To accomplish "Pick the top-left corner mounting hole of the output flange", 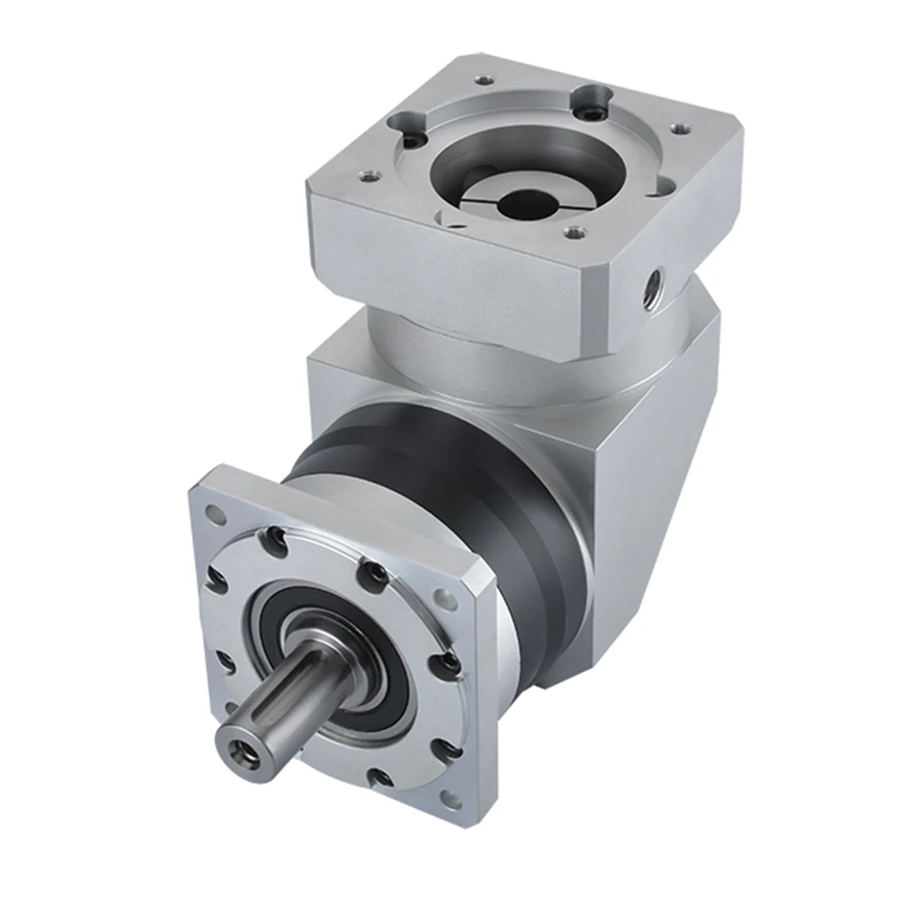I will (217, 515).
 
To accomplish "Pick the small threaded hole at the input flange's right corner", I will (680, 130).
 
